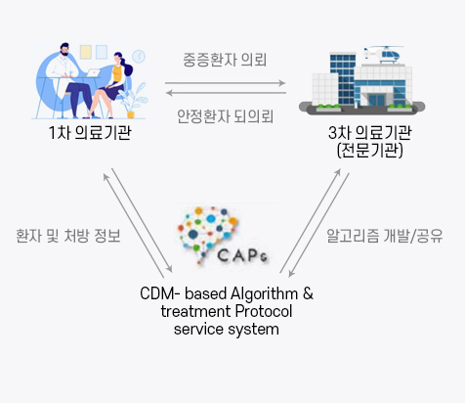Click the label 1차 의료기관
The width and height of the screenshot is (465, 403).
90,132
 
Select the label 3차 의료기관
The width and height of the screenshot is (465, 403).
370,132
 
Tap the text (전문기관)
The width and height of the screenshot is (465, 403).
370,151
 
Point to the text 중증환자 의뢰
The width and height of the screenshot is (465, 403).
225,60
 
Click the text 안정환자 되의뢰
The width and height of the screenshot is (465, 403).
225,116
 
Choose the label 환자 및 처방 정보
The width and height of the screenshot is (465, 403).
68,236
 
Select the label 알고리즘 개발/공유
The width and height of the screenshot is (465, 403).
385,236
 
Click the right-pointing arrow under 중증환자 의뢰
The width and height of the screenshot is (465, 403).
225,83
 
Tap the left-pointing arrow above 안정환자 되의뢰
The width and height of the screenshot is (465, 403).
226,93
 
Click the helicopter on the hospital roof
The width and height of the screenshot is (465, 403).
385,54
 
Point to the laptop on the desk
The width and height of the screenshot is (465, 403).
94,73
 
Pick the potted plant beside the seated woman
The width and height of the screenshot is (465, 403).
133,101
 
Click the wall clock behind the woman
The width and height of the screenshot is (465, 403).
139,57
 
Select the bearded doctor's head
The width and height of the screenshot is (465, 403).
64,49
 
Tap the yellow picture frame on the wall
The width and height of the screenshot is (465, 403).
86,52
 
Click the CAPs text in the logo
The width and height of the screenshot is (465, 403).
242,255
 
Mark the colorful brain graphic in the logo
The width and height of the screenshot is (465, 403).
208,232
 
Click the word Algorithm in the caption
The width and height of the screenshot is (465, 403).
265,293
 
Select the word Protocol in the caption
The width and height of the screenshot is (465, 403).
264,311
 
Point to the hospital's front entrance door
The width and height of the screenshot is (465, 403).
377,100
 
